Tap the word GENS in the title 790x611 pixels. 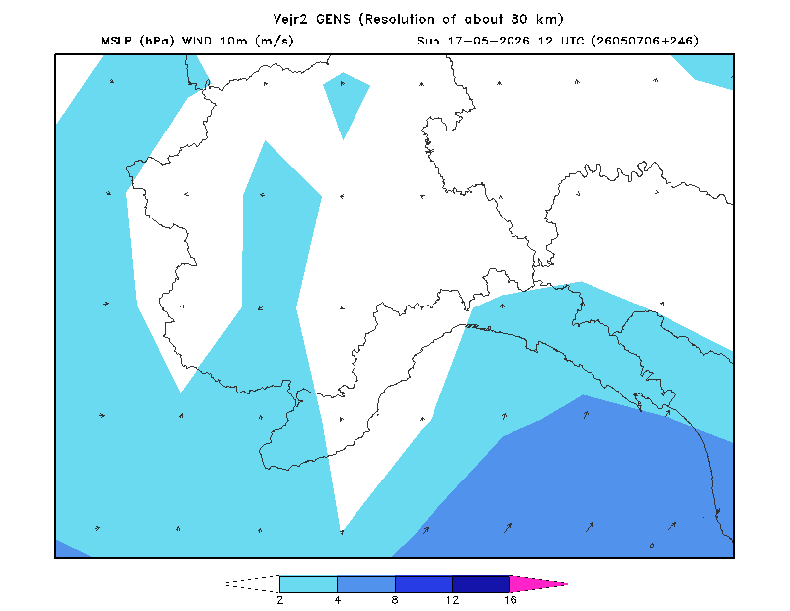coord(333,19)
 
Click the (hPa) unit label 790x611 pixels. coord(157,41)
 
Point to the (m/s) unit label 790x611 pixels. coord(275,41)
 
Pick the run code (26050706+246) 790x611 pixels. coord(645,41)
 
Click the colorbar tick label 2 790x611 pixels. coord(280,600)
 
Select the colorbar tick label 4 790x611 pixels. coord(338,600)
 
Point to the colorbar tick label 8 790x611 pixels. coord(395,600)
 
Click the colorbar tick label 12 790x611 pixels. coord(452,600)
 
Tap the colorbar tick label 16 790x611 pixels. coord(510,600)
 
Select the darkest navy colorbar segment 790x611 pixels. coord(481,584)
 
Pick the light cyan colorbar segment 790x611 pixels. coord(308,584)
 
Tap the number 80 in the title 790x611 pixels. coord(520,19)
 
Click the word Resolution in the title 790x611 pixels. coord(400,19)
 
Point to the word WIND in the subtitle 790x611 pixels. coord(197,41)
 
